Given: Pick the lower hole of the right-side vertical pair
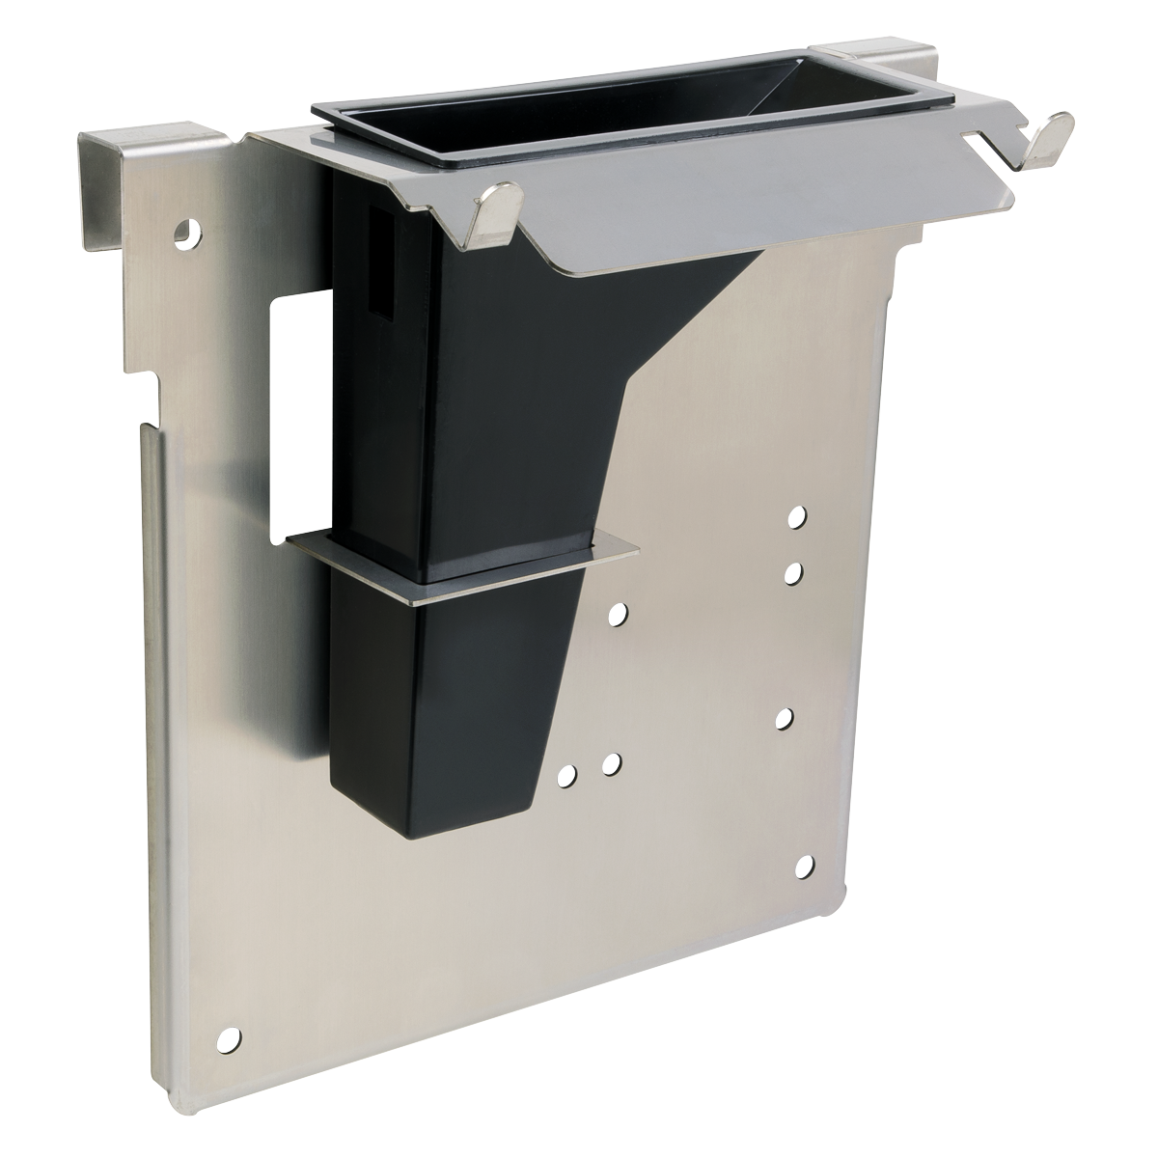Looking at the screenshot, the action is pyautogui.click(x=793, y=575).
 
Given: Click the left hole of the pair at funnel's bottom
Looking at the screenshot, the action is pyautogui.click(x=567, y=774).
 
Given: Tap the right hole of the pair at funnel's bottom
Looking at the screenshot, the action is pyautogui.click(x=610, y=764).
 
